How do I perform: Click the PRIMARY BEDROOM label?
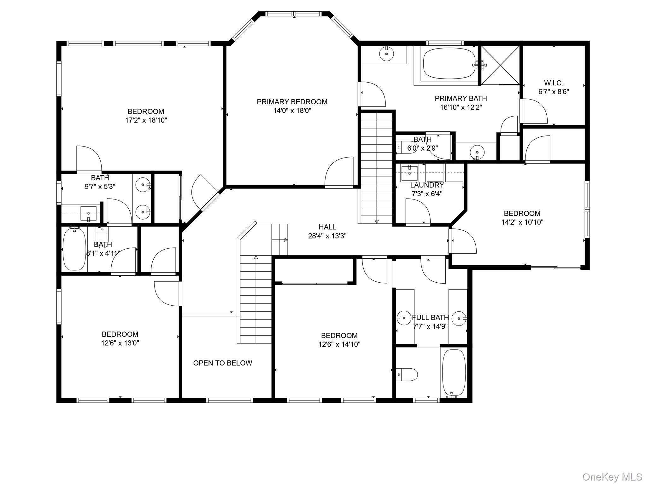(292, 102)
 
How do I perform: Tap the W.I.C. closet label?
(554, 83)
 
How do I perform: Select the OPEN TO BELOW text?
(223, 363)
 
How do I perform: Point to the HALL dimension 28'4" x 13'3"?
(327, 236)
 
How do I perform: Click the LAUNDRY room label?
(427, 185)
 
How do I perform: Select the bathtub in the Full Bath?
(454, 373)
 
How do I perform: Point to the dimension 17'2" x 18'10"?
(146, 120)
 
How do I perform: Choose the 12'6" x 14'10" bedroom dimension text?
(339, 344)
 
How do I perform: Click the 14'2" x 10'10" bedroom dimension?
(522, 222)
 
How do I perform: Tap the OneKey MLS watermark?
(612, 477)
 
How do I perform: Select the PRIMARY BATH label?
(461, 98)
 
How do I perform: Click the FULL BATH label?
(430, 317)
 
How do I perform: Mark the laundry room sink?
(409, 173)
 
